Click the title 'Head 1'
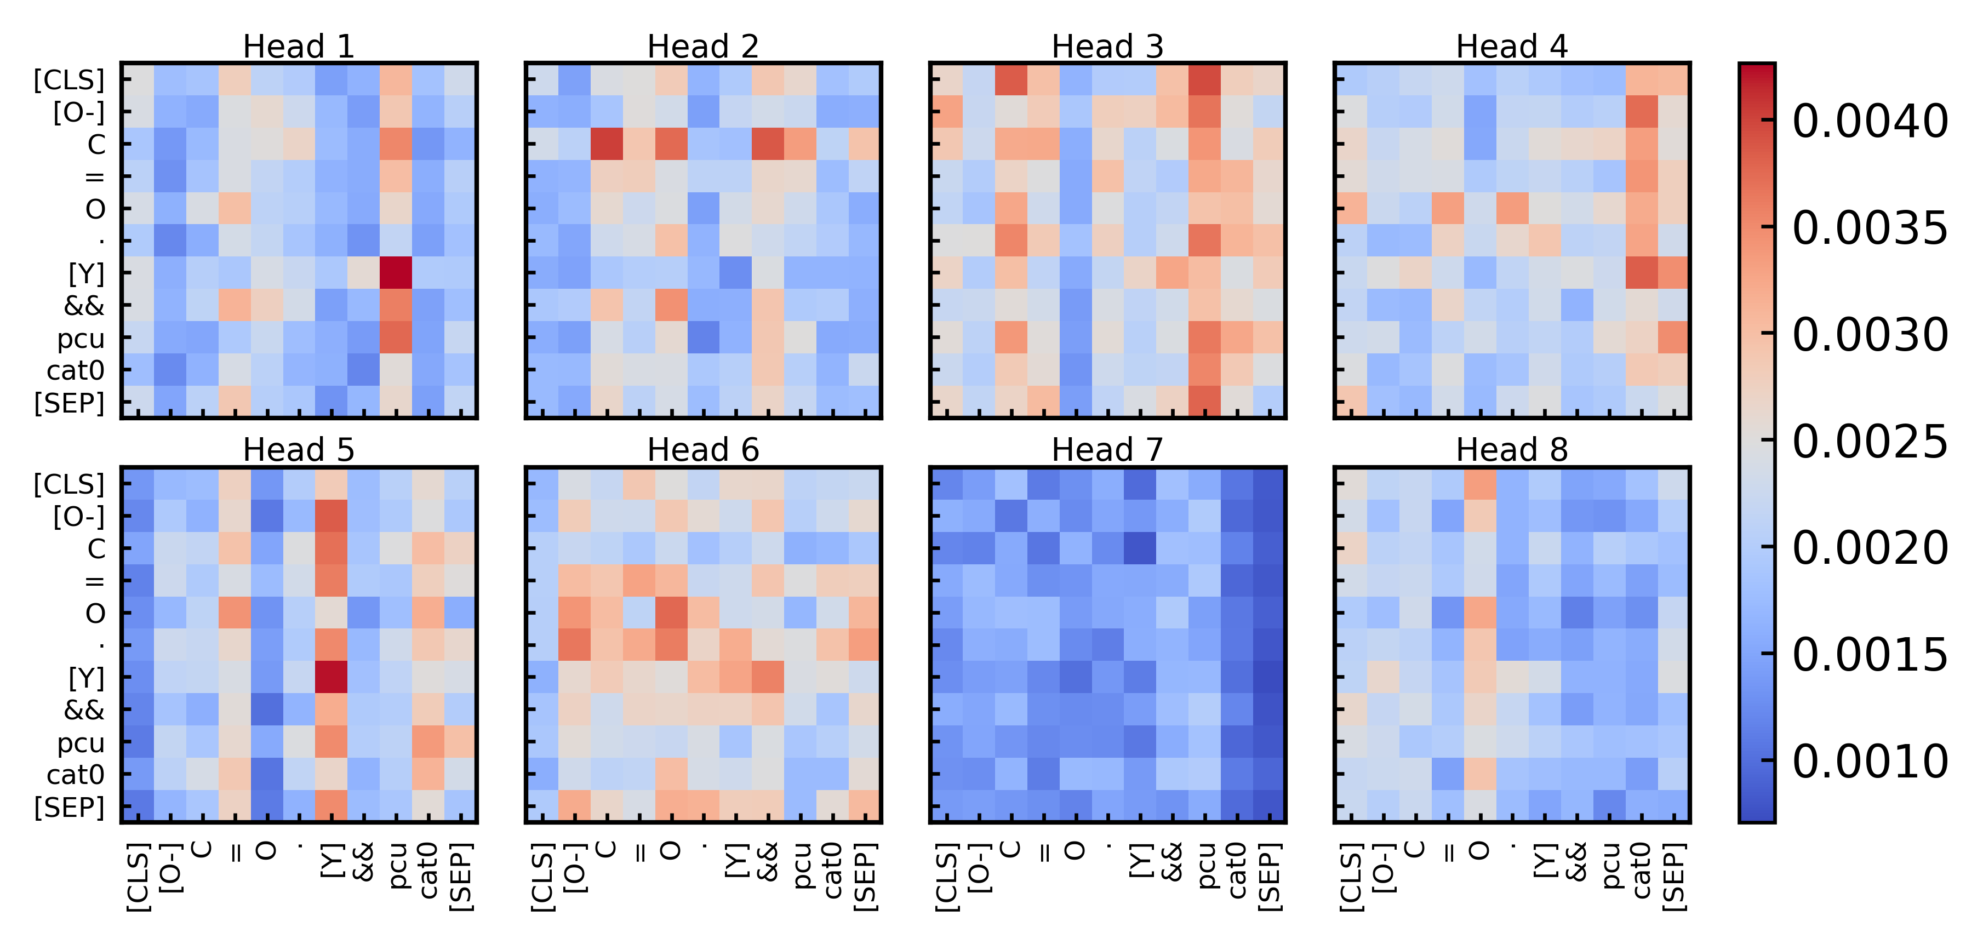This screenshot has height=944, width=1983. tap(299, 46)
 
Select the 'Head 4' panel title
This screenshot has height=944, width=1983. tap(1512, 46)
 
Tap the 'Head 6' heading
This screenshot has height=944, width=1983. tap(703, 450)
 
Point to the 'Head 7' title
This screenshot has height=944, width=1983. tap(1107, 450)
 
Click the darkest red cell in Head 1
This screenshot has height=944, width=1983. tap(396, 273)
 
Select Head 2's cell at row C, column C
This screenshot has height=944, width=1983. tap(607, 144)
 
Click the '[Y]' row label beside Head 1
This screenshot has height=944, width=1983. tap(85, 273)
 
